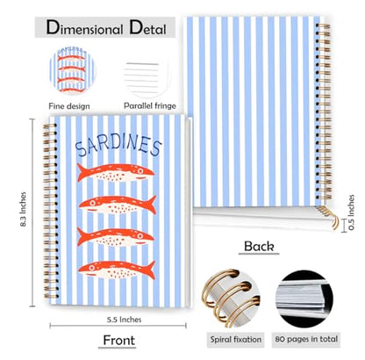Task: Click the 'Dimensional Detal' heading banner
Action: (x=105, y=27)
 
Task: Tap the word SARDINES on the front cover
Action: (x=118, y=145)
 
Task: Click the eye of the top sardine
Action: (x=140, y=170)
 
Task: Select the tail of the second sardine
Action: (x=151, y=204)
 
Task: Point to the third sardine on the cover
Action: (x=116, y=237)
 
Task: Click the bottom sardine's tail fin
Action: (x=150, y=270)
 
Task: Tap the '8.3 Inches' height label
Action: (x=23, y=209)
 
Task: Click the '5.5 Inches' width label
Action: (x=124, y=320)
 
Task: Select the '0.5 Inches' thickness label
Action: (x=351, y=212)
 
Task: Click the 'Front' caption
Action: (x=119, y=340)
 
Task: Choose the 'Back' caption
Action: (x=259, y=246)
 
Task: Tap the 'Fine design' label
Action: (x=69, y=106)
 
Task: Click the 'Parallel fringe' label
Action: (x=150, y=105)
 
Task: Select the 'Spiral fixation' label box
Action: (x=236, y=340)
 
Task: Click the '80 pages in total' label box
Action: (x=306, y=340)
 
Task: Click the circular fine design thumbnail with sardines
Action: (x=73, y=69)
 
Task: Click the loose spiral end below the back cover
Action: (x=329, y=217)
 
